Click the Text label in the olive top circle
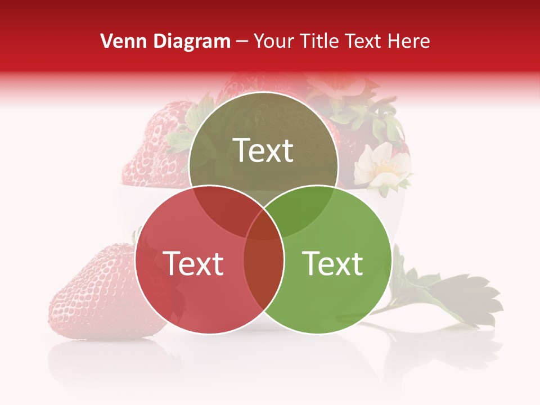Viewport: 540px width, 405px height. point(263,150)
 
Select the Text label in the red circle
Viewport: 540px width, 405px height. point(193,263)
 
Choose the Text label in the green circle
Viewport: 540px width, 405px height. point(333,263)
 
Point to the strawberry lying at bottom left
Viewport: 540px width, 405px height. point(98,295)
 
